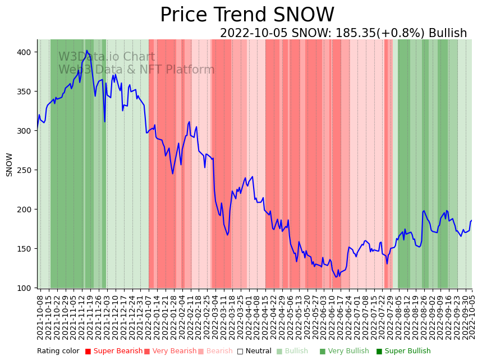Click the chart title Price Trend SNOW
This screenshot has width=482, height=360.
click(x=247, y=15)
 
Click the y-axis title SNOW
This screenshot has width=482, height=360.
click(x=10, y=165)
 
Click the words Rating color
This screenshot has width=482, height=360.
click(x=58, y=351)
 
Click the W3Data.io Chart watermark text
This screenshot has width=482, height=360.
click(x=107, y=57)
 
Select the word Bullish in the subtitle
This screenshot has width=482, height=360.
click(x=448, y=33)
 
